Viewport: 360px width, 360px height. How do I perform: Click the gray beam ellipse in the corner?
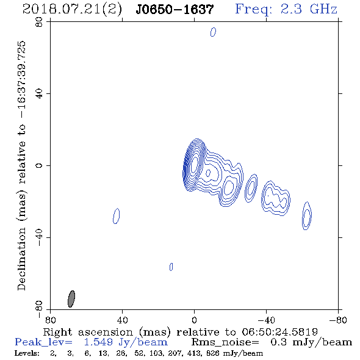coord(71,299)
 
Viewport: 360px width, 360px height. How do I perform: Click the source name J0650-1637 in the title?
coord(175,10)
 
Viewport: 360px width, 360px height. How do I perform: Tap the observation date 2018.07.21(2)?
coord(72,10)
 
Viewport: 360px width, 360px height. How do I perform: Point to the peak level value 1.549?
coord(98,342)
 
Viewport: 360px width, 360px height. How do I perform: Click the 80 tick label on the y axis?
coord(39,22)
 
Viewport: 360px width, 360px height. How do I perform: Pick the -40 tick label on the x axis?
coord(266,320)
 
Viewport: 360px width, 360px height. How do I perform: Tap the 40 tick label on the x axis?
coord(122,320)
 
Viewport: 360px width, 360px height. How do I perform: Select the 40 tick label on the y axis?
coord(39,94)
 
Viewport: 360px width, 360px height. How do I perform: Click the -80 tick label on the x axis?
coord(338,320)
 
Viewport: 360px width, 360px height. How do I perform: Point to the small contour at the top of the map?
coord(213,32)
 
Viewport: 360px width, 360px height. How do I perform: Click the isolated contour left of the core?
coord(116,216)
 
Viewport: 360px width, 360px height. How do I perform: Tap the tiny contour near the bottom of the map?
coord(171,267)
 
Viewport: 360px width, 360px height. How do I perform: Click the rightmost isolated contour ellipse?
coord(307,216)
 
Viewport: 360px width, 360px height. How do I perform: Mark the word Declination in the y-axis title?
coord(21,259)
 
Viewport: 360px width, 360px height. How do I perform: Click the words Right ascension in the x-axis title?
coord(88,332)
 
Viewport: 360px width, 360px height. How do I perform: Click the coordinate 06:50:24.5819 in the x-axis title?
coord(280,332)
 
